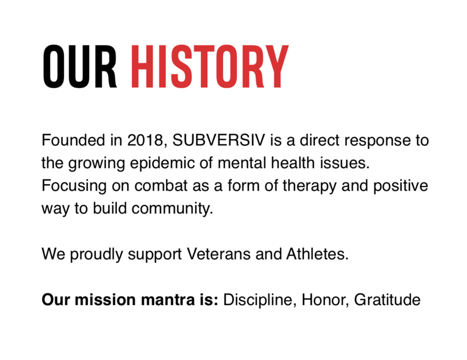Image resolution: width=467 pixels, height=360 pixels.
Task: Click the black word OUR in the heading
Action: click(x=79, y=67)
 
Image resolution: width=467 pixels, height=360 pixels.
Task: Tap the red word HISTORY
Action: click(x=209, y=67)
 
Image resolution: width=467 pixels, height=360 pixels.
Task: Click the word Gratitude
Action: click(x=388, y=300)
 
